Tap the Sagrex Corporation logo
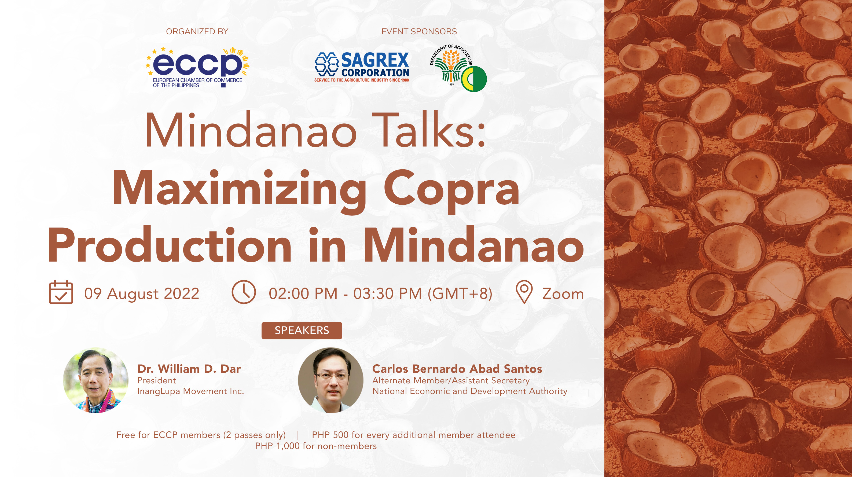362,67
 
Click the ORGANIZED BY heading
197,31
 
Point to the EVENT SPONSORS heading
419,31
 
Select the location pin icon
524,292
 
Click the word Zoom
563,294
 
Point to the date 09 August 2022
142,294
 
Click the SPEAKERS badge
302,330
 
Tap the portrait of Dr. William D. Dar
96,380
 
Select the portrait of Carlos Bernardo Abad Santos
330,380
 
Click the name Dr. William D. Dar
189,369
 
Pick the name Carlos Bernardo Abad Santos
457,369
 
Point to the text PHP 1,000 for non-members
315,446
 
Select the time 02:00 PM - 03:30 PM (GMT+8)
380,294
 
